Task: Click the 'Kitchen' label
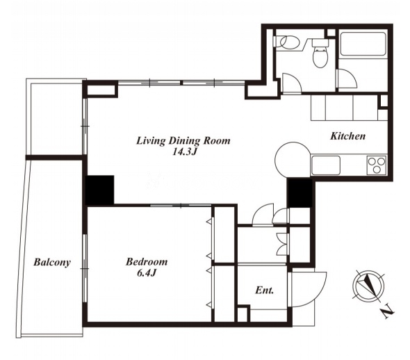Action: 347,136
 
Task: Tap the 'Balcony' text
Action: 52,262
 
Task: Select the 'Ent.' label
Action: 264,291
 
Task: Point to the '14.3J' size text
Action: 184,152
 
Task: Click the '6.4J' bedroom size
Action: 147,273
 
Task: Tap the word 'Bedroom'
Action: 147,262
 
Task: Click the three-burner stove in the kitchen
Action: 377,165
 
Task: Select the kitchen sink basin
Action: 326,165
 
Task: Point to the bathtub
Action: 363,44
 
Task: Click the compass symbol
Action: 368,285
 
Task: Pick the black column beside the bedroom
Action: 99,190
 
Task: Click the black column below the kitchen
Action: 300,193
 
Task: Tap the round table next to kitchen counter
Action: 293,160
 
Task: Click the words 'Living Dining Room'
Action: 183,141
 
